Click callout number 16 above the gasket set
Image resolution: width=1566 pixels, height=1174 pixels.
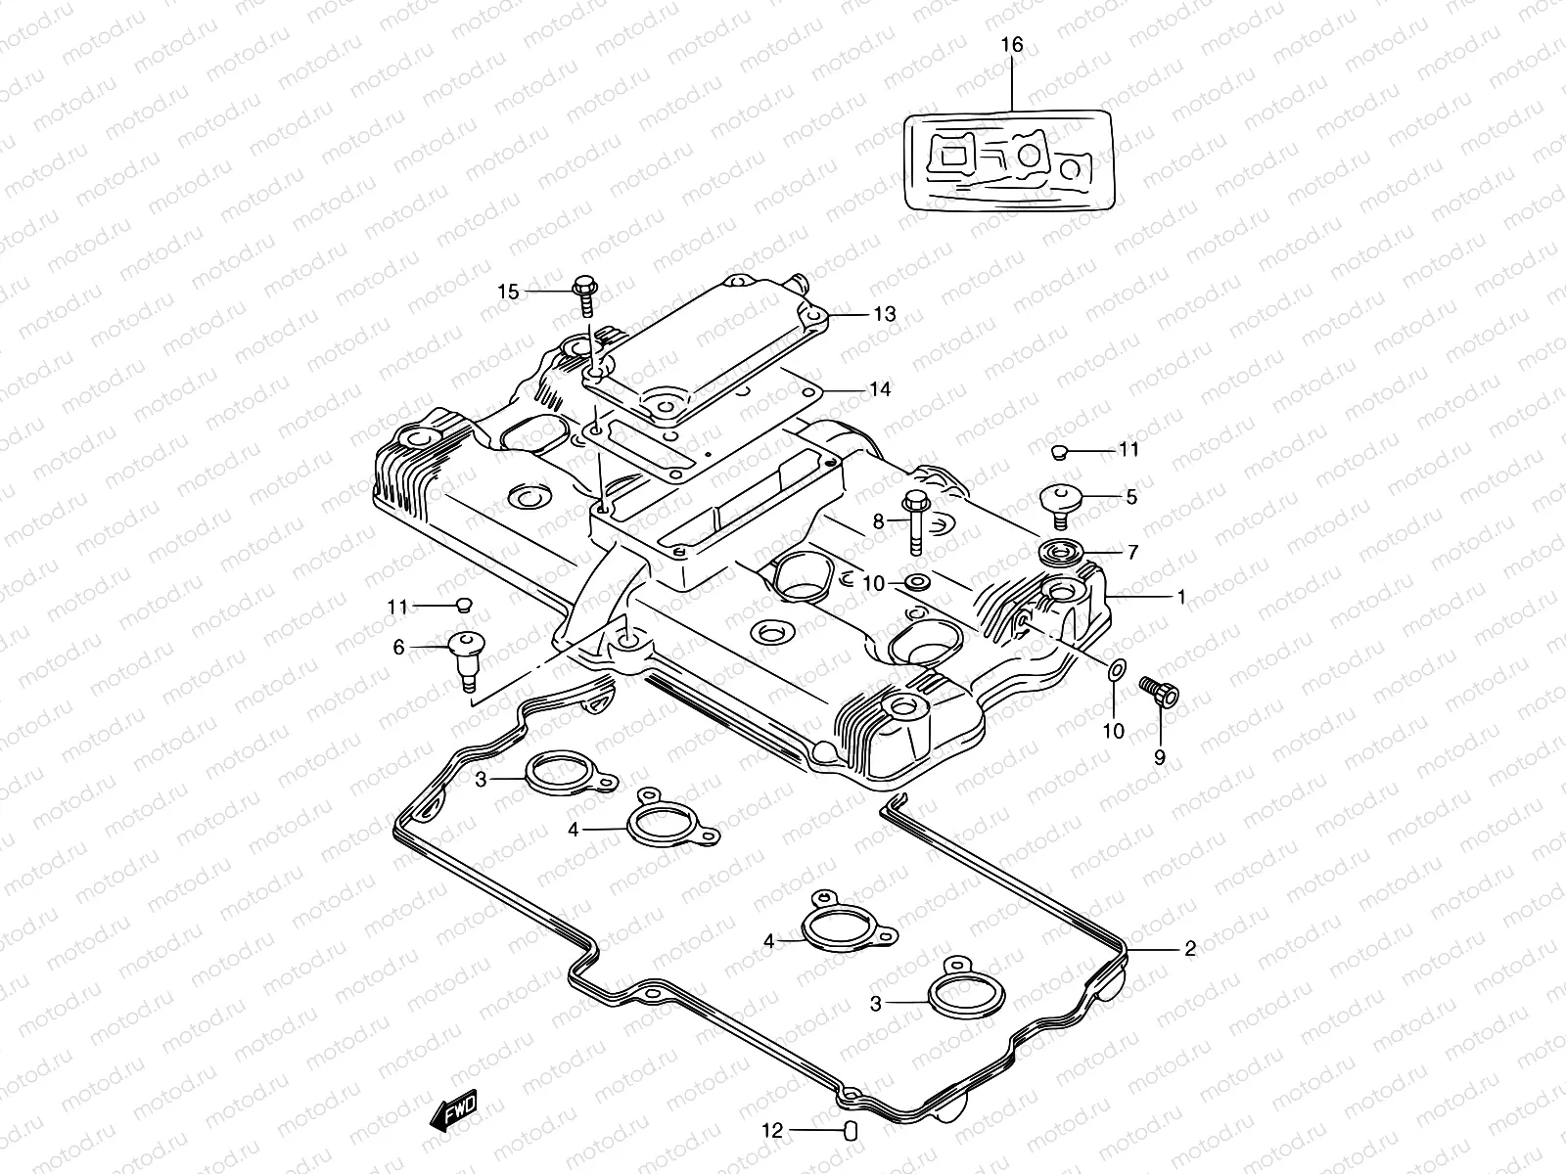click(1011, 46)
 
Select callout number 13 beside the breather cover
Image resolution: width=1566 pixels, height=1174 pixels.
click(884, 314)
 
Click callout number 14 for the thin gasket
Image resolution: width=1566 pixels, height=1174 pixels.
click(879, 389)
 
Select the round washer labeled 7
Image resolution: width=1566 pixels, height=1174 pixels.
click(1060, 551)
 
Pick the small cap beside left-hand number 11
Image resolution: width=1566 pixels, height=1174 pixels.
click(465, 605)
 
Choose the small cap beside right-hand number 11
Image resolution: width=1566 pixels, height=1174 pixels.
click(1057, 451)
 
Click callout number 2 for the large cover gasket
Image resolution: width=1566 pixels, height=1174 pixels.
click(1189, 948)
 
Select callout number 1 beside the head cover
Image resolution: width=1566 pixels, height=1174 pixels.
click(1180, 595)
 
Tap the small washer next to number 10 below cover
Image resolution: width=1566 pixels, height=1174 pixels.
click(1116, 671)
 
